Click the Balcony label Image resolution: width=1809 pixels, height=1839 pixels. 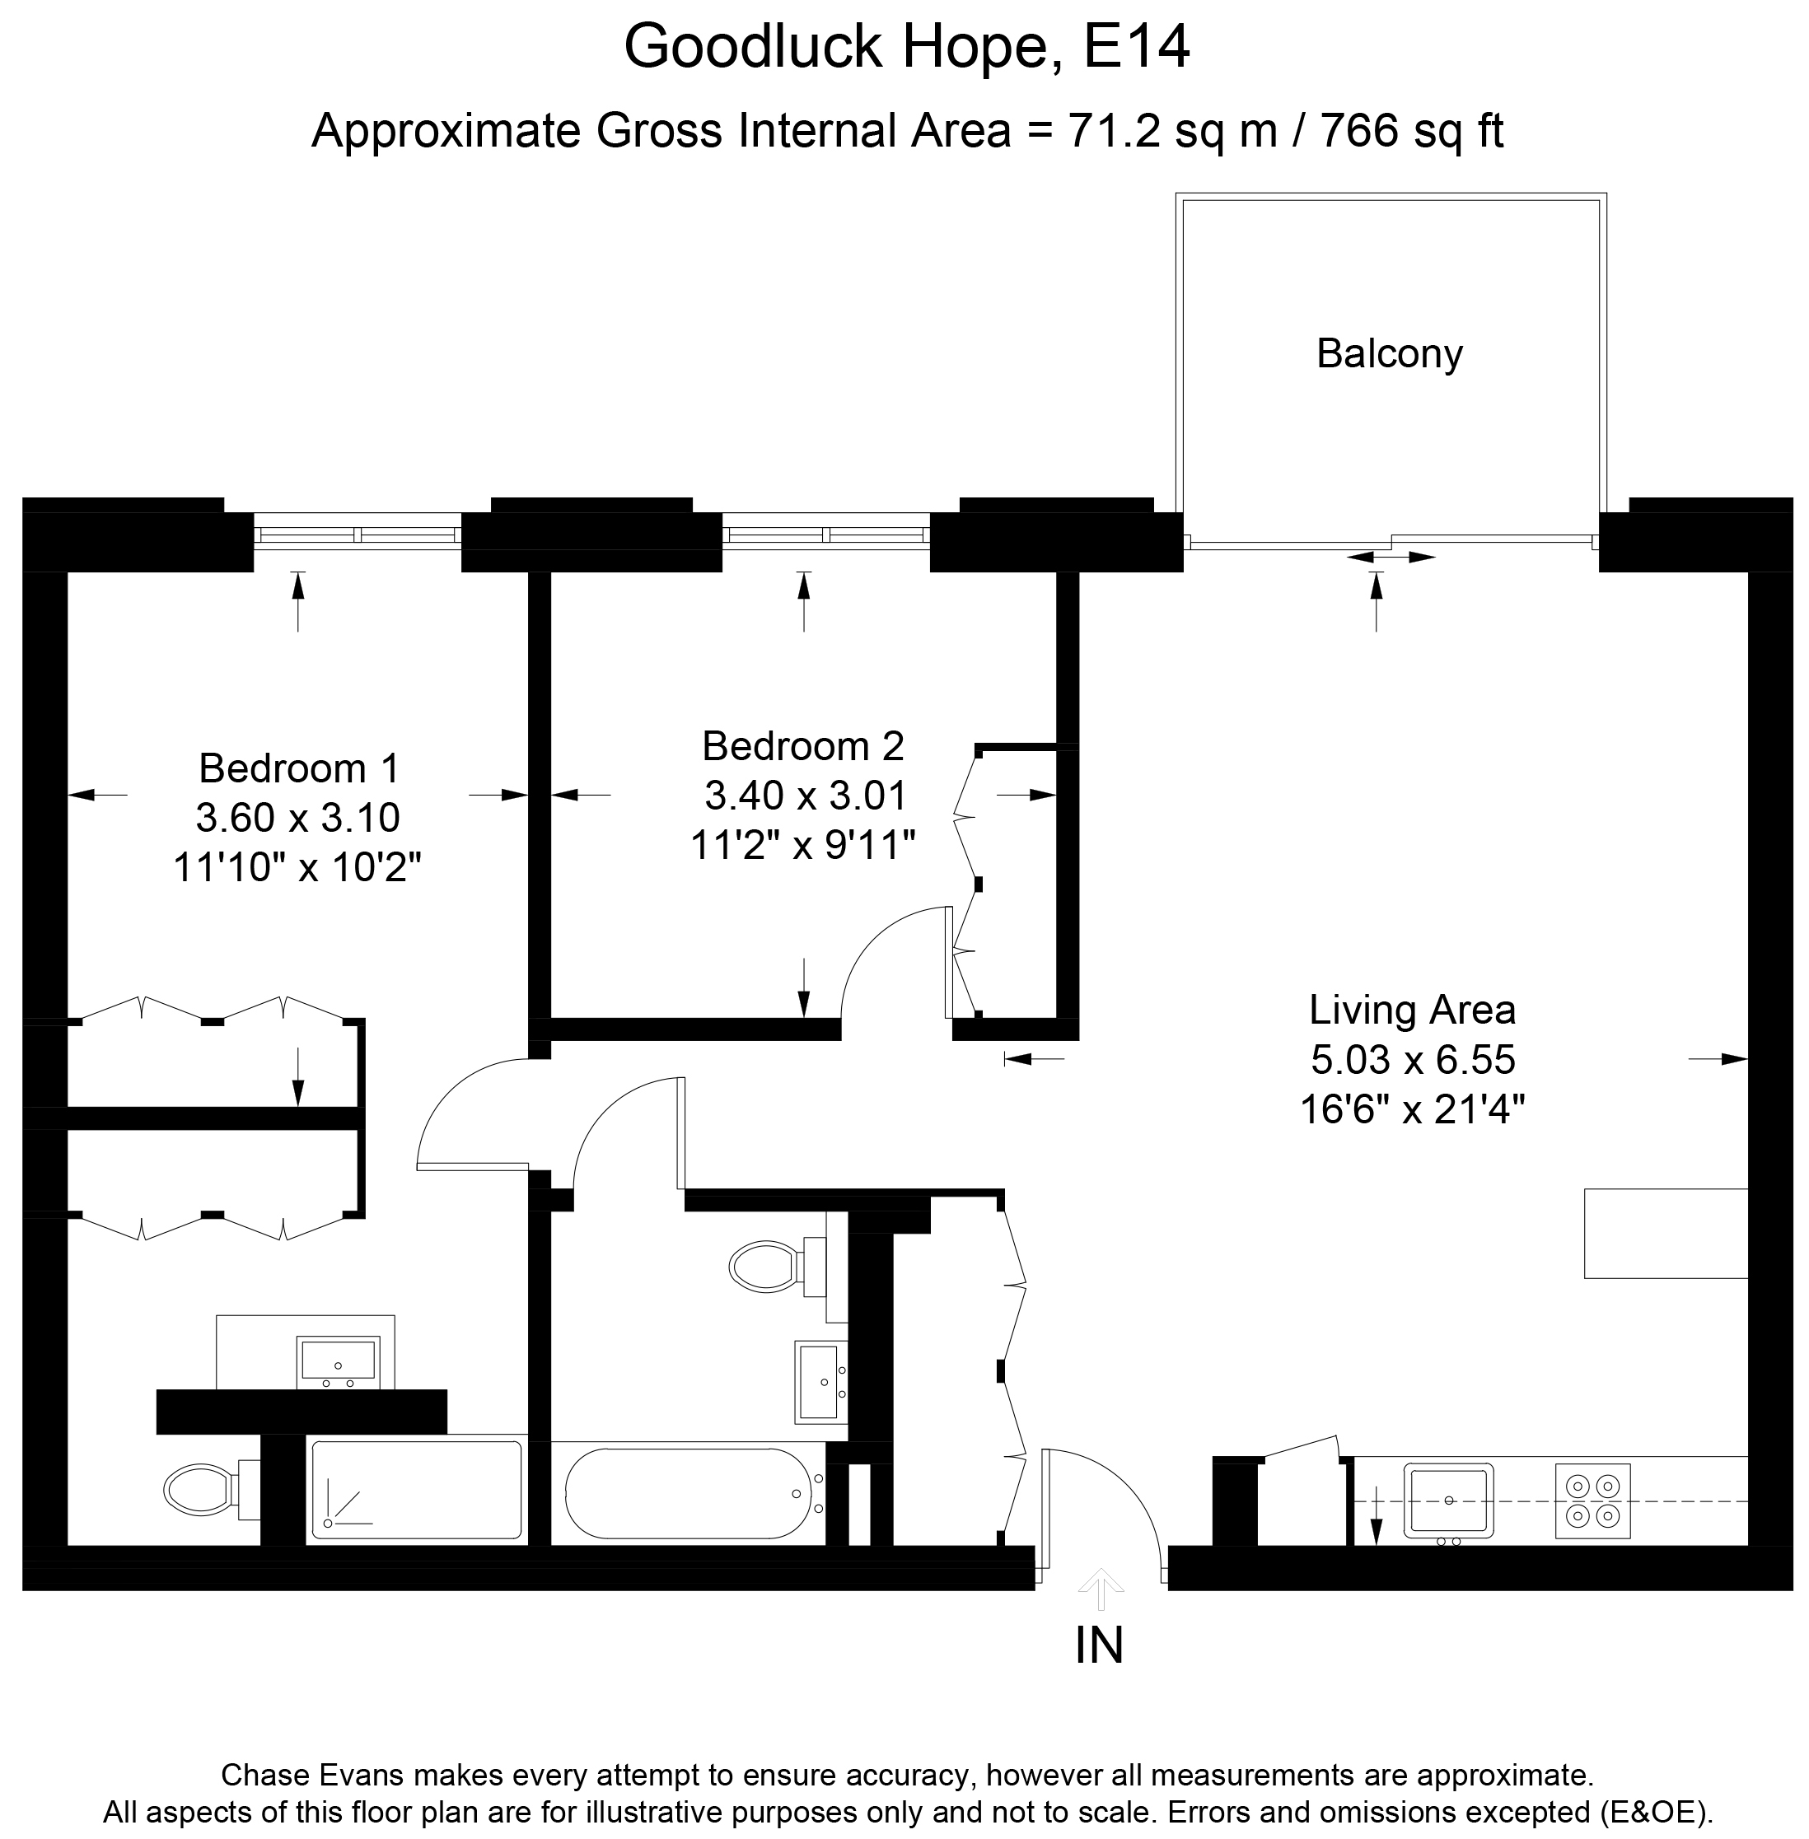1388,354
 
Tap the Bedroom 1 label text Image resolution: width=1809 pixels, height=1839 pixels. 298,768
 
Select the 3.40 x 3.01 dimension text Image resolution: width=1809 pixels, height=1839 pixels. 804,796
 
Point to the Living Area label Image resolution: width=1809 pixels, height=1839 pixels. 1412,1010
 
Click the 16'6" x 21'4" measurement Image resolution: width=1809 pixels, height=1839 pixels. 1412,1109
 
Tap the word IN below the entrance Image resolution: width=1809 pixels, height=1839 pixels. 1099,1645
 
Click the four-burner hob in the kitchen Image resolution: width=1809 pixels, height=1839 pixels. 1592,1500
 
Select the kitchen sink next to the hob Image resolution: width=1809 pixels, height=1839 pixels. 1450,1500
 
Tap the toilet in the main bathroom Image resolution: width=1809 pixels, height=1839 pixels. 764,1265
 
